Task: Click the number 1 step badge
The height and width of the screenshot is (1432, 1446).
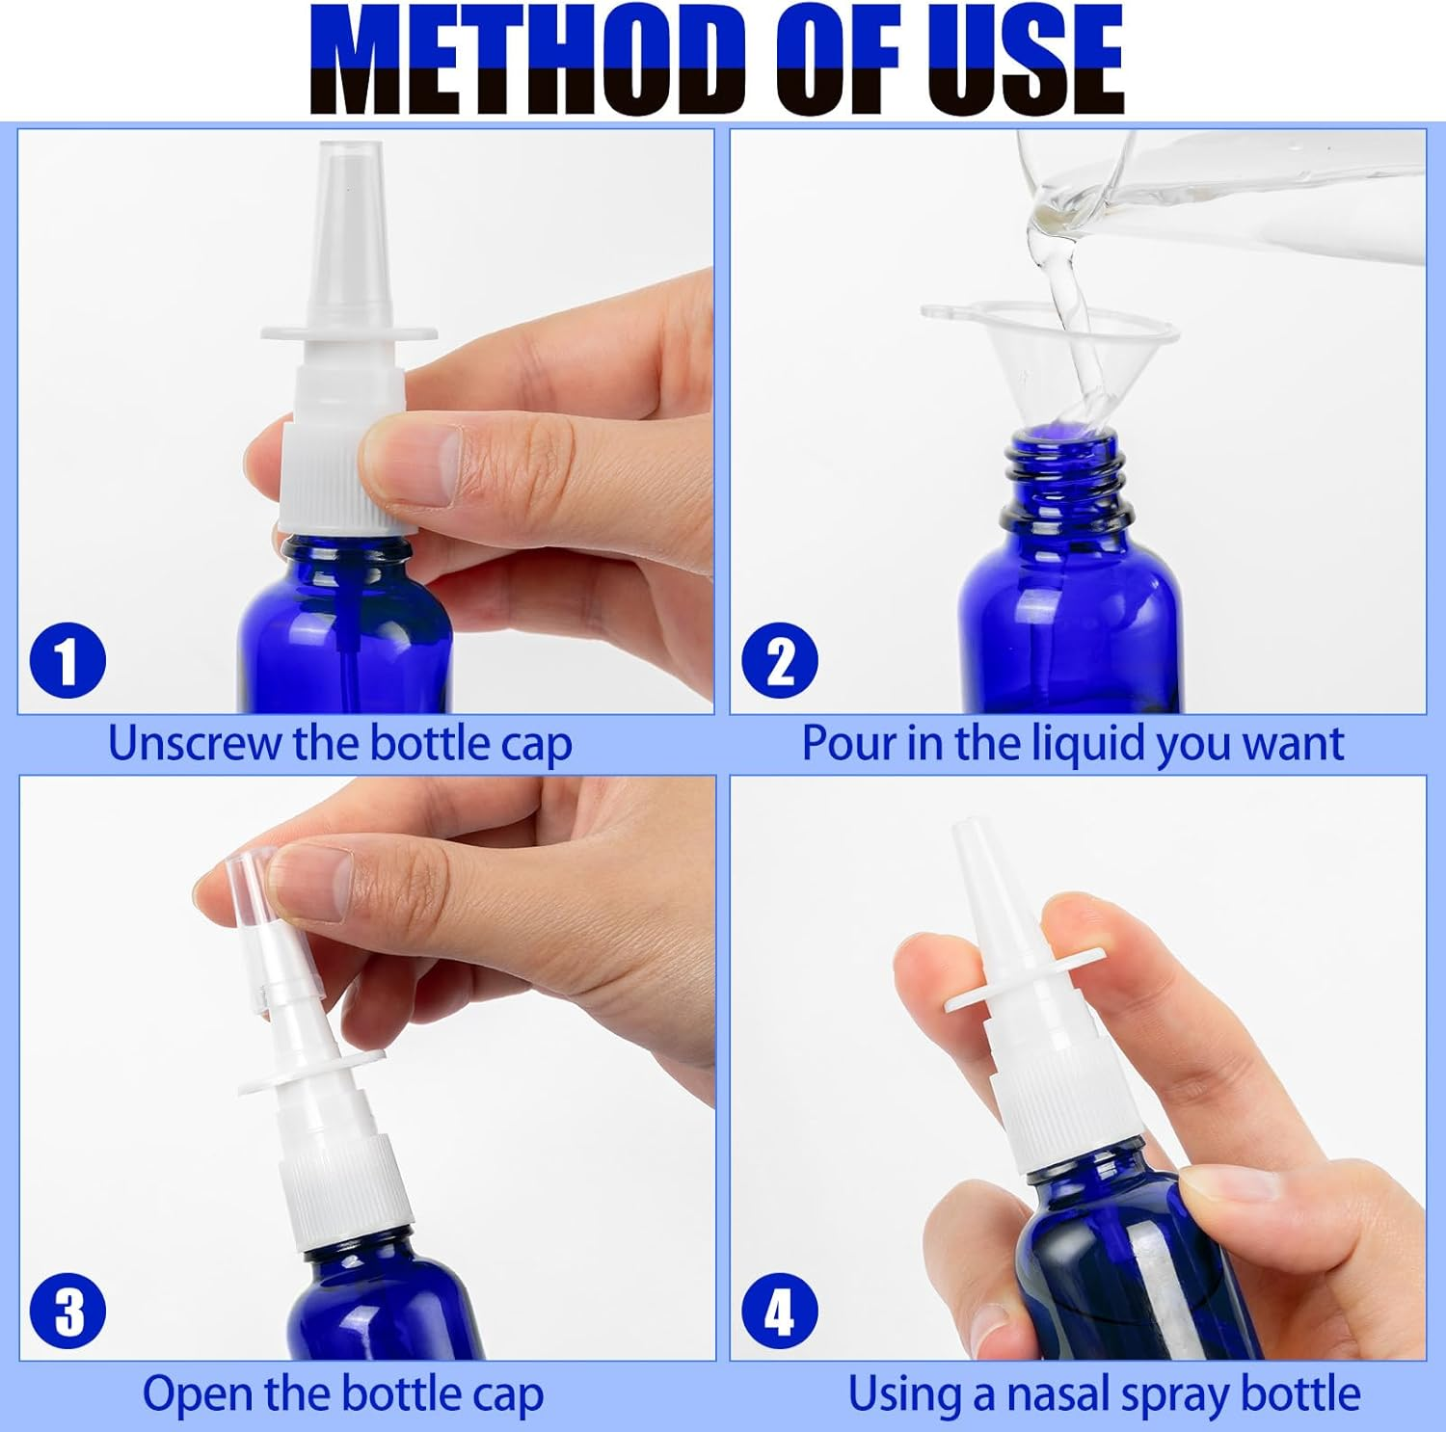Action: (x=67, y=661)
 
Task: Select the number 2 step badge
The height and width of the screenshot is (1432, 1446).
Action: (x=779, y=661)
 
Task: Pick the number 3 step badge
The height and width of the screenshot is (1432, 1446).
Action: (x=67, y=1312)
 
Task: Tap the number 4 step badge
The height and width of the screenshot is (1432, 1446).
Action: (x=779, y=1312)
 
